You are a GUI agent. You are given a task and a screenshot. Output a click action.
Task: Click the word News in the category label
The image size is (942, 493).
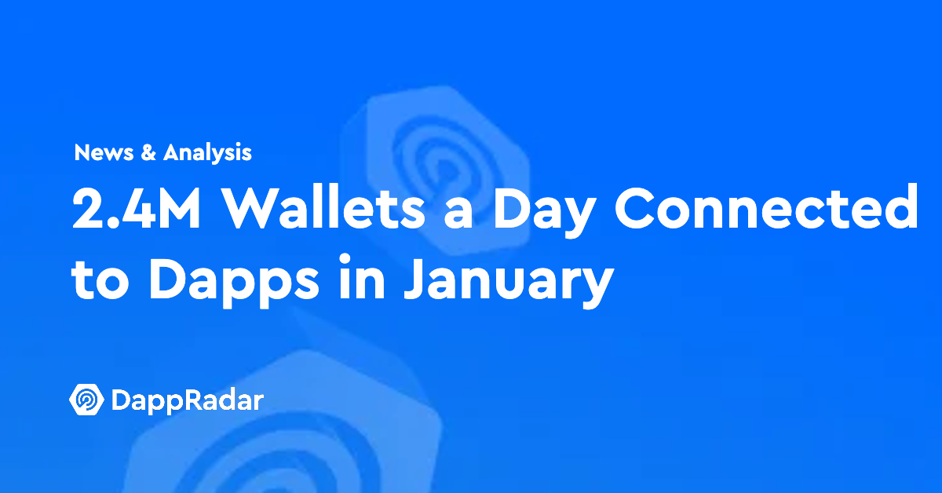coord(104,152)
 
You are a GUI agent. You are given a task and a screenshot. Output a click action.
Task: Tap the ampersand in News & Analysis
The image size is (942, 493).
coord(148,152)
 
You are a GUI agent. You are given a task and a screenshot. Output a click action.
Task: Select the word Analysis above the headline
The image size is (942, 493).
coord(207,153)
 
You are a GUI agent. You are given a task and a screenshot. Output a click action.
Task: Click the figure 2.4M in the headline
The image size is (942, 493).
coord(137,208)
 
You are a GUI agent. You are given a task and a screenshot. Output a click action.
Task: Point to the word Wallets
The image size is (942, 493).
coord(323,206)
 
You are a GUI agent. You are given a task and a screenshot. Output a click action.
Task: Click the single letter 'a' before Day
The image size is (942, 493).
coord(458,214)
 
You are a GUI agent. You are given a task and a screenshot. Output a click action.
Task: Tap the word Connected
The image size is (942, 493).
coord(766,206)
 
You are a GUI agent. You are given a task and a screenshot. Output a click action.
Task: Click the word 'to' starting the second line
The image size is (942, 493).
coord(100,279)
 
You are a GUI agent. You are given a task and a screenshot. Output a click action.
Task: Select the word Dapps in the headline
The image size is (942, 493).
coord(234,282)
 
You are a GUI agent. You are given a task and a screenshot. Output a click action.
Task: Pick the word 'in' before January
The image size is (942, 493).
coord(362,276)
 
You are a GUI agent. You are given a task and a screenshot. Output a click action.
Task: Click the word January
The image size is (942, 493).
coord(509,282)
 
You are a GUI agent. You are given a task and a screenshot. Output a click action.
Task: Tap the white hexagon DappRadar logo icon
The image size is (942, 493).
coord(86,400)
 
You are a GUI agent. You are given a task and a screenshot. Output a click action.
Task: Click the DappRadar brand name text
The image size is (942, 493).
coord(188,401)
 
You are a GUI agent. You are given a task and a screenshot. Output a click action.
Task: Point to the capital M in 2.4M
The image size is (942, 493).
coord(176,208)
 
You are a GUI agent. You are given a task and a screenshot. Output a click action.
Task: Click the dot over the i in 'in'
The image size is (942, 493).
coord(345,258)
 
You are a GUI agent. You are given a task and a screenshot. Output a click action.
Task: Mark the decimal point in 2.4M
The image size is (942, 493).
coord(108,224)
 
